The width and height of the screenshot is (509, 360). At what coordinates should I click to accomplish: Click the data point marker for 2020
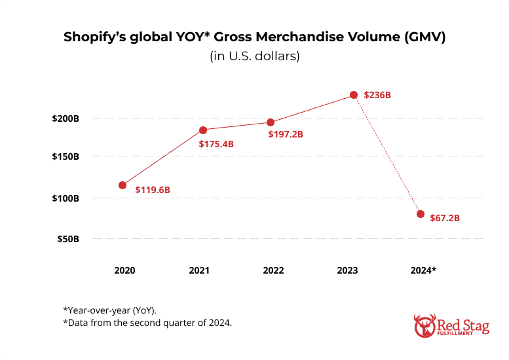pos(123,185)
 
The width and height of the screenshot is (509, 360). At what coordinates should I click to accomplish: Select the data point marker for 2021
pos(202,130)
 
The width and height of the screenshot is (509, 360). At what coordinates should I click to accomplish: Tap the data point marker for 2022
pos(271,122)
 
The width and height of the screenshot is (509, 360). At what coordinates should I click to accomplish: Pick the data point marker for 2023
pos(354,95)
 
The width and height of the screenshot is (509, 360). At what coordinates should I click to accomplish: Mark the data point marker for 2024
pos(421,214)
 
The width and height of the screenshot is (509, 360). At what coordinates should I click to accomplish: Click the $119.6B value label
pos(153,190)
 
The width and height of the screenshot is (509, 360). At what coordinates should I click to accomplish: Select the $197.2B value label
pos(286,134)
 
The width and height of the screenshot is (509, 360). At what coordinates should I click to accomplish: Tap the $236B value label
pos(378,95)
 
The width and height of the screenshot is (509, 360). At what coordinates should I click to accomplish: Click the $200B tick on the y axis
pos(66,119)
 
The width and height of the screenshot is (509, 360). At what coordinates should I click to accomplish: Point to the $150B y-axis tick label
pos(66,157)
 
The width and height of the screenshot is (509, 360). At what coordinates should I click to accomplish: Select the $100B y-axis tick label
pos(66,198)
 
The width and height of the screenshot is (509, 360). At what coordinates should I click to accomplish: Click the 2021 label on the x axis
pos(199,270)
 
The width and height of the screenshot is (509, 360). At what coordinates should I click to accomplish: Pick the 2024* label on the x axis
pos(423,270)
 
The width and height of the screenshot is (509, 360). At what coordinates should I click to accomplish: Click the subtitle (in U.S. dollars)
pos(255,56)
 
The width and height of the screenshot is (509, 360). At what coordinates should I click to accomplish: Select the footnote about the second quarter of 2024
pos(147,324)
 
